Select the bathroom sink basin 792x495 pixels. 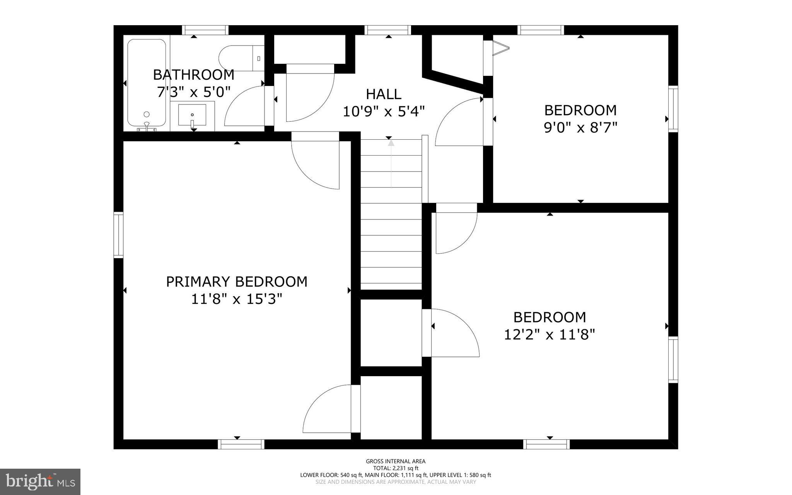click(192, 115)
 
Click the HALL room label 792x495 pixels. click(384, 94)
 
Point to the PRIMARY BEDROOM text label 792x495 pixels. click(237, 282)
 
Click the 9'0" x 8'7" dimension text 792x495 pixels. click(580, 127)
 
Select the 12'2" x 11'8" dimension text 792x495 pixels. click(549, 334)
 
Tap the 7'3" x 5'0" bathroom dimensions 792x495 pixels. click(194, 92)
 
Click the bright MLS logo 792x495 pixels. click(40, 481)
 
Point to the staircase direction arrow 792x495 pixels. click(391, 164)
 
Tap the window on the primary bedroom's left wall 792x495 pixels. click(118, 235)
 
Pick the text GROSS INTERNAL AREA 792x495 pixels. click(396, 461)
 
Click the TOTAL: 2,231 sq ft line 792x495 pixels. click(396, 468)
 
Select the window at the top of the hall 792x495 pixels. click(388, 30)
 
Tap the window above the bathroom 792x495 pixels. click(205, 30)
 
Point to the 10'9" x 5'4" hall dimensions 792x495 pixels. click(384, 111)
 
